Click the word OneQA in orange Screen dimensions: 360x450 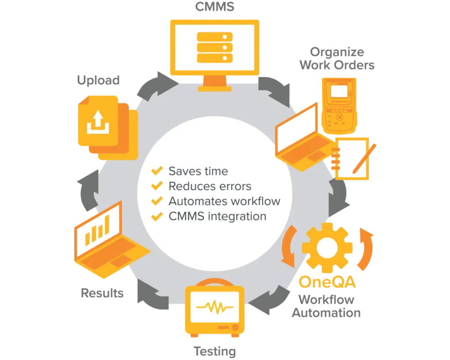tap(328, 283)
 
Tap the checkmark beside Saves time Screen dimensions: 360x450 tap(157, 171)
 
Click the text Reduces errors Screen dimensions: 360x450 tap(210, 186)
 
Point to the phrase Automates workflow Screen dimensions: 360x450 tap(224, 201)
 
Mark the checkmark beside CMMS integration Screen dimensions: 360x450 tap(157, 216)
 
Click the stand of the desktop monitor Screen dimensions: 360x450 tap(215, 82)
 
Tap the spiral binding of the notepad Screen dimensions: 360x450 tap(334, 159)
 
